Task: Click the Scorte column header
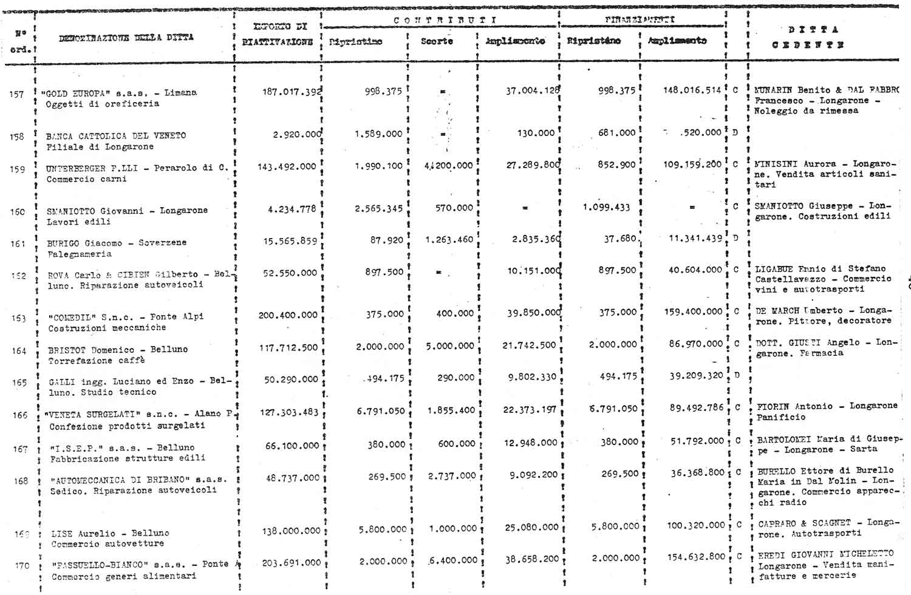[437, 41]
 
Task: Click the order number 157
[16, 94]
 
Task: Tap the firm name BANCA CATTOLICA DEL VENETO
[116, 135]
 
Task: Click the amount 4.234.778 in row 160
[292, 209]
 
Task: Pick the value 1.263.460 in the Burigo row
[449, 239]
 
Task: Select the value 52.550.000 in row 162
[290, 273]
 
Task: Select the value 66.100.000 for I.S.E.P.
[292, 445]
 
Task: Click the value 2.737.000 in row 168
[452, 476]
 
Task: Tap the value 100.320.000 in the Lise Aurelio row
[696, 525]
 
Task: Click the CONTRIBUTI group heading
[445, 20]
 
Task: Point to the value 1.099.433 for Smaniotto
[606, 207]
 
